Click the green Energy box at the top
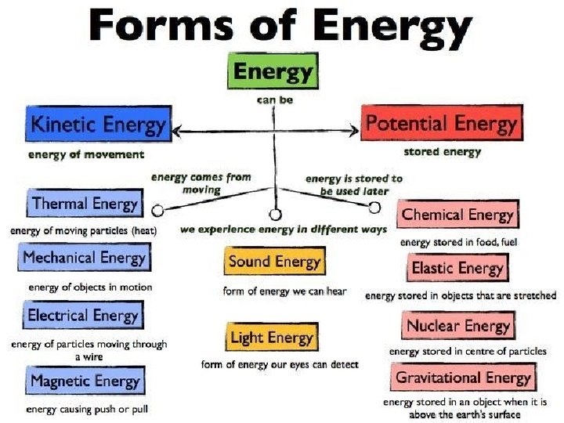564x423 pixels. [x=273, y=73]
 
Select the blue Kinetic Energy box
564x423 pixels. [x=99, y=125]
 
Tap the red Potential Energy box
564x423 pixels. [x=442, y=124]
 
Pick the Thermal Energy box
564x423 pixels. [x=85, y=204]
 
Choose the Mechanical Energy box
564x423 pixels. [x=84, y=257]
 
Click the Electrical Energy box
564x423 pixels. [x=83, y=316]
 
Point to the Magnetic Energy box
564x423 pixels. [x=85, y=381]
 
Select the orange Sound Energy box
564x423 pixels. [x=274, y=262]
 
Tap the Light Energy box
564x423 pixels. [x=272, y=338]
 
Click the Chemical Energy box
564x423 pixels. [x=457, y=215]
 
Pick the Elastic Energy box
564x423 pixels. [x=457, y=268]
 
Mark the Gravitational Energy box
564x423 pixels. [x=463, y=378]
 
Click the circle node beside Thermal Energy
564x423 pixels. [x=157, y=211]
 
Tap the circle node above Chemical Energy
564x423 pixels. [x=374, y=207]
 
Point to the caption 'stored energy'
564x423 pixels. [x=442, y=151]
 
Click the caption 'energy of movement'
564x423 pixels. [x=85, y=154]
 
